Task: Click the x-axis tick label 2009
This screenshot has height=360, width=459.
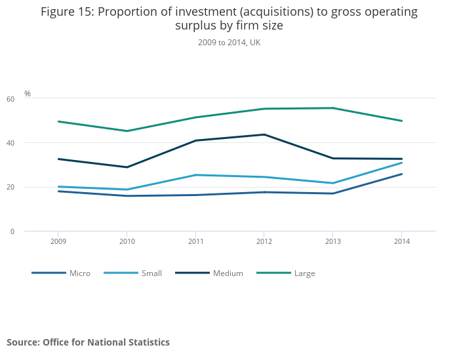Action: (58, 241)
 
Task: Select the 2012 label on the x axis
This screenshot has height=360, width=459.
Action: (264, 241)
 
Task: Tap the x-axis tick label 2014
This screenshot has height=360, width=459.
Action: (402, 241)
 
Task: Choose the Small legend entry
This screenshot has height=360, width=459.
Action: (151, 273)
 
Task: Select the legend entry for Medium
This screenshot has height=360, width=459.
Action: (228, 273)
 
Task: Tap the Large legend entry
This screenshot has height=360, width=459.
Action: (304, 273)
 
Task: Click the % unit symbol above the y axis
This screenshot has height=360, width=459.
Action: (28, 94)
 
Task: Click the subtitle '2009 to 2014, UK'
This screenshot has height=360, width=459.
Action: (229, 43)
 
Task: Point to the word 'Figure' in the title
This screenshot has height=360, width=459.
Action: (58, 12)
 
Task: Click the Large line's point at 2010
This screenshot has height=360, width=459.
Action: (127, 131)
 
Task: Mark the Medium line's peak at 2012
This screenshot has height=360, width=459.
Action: (264, 134)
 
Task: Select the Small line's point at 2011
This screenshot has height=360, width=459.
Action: (195, 175)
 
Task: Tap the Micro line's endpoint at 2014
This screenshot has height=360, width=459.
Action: (402, 174)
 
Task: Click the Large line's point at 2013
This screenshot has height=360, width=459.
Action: (333, 108)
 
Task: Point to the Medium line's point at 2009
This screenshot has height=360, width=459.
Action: (58, 159)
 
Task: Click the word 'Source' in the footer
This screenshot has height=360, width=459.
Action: (22, 342)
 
